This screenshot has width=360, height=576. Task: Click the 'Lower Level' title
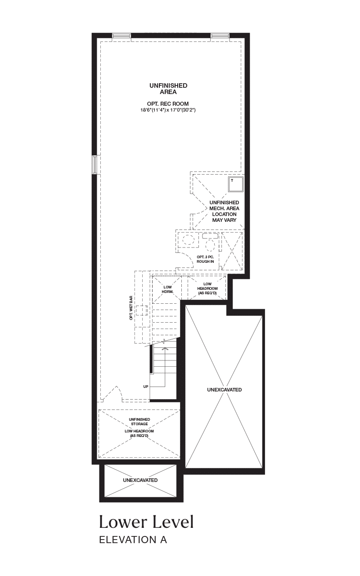146,522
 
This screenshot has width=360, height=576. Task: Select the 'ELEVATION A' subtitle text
133,540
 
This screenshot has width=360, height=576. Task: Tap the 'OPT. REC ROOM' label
168,104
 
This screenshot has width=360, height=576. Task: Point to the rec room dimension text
168,110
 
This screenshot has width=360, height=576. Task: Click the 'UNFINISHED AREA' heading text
168,89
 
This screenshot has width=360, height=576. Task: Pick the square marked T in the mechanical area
235,184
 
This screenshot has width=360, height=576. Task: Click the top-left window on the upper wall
121,36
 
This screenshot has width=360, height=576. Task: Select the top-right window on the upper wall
220,36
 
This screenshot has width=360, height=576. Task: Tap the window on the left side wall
95,165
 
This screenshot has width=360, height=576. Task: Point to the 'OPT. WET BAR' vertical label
131,308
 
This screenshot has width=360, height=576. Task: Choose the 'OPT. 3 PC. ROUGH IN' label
205,259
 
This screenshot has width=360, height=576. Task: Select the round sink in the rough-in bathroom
189,240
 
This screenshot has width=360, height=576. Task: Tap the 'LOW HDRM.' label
168,289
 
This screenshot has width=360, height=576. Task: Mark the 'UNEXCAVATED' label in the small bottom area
140,480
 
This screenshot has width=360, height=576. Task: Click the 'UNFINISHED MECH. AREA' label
224,206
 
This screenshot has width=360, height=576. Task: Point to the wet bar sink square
142,310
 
